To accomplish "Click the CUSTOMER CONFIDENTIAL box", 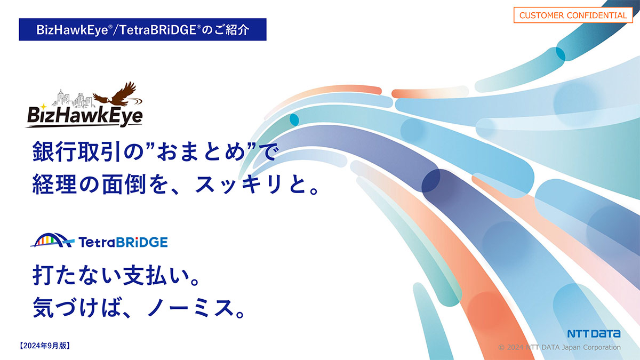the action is tap(573, 15).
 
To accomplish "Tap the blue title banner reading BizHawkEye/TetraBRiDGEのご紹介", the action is tap(142, 29).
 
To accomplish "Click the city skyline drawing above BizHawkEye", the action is tap(73, 99).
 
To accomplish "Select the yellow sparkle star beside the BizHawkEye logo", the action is tap(43, 107).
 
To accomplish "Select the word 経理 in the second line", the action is tap(54, 184).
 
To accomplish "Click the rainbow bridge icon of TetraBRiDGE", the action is tap(52, 241).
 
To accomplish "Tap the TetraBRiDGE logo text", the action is tap(123, 242).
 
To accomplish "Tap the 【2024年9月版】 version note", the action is tap(45, 346).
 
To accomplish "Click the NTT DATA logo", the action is tap(594, 334).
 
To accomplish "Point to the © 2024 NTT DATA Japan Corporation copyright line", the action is tap(559, 347).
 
